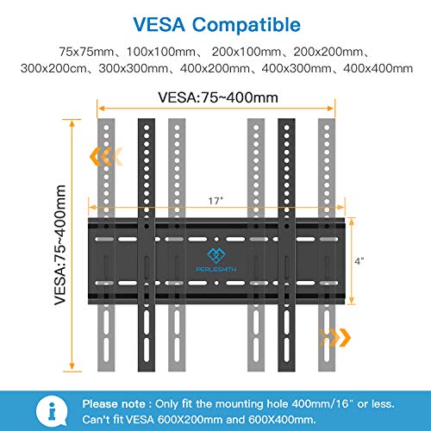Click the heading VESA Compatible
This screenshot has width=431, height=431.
217,25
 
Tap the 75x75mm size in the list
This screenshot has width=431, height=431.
86,52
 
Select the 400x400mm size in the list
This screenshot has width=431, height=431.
378,68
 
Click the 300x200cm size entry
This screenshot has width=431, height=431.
53,68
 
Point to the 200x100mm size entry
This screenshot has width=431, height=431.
247,52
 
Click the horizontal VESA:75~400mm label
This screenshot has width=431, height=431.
218,97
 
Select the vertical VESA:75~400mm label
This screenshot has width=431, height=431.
60,245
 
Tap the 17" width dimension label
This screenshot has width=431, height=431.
215,201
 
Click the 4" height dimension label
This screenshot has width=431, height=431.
359,261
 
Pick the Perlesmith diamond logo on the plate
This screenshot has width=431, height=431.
216,256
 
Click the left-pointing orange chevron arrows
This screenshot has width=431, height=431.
106,156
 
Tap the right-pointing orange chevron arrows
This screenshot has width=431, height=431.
334,337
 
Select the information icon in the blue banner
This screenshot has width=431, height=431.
52,411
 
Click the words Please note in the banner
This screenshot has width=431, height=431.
114,404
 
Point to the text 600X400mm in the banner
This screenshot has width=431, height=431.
282,420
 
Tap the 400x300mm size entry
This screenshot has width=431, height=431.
297,68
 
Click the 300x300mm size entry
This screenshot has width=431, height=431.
134,68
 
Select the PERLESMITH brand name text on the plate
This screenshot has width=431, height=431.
216,269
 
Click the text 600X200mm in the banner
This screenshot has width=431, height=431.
191,420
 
